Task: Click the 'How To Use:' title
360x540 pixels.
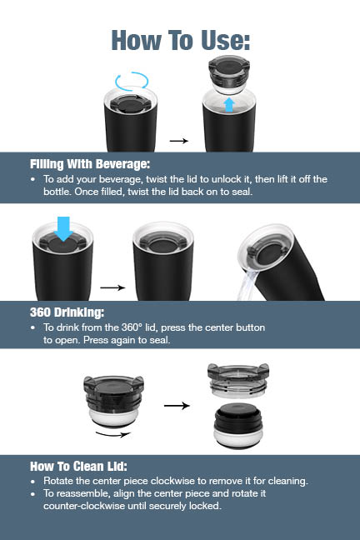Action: coord(181,41)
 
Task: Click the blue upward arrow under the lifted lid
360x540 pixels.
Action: coord(229,105)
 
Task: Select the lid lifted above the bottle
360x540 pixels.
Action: coord(229,75)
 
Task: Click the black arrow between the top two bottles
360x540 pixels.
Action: coord(179,141)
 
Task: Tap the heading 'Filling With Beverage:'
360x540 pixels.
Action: coord(90,164)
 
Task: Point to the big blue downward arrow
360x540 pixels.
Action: coord(63,228)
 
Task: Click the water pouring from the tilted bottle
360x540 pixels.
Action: coord(247,285)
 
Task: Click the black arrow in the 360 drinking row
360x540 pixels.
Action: coord(112,287)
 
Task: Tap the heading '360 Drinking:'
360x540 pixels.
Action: coord(67,312)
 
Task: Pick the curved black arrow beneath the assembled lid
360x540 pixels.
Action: coord(113,434)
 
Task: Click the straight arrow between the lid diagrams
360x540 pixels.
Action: coord(177,406)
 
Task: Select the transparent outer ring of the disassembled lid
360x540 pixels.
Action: coord(238,380)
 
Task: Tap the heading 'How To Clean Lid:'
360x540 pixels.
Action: coord(78,467)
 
